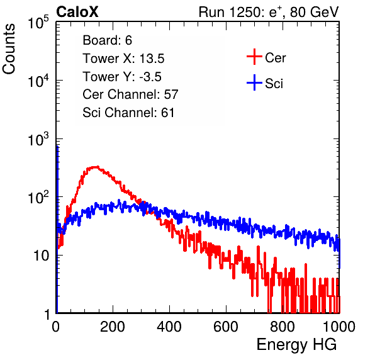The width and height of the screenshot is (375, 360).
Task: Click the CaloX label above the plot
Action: click(x=77, y=12)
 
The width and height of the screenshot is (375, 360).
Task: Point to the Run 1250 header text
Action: click(x=269, y=12)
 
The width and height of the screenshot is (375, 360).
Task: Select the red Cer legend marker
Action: click(x=254, y=57)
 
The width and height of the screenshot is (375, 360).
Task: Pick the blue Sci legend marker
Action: click(x=254, y=82)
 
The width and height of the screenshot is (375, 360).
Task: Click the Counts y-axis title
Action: click(x=9, y=49)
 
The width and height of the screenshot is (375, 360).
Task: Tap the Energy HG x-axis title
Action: click(x=296, y=345)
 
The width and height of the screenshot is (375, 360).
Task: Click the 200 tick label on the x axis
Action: click(x=113, y=327)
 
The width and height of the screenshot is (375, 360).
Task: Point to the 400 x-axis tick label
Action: click(x=169, y=327)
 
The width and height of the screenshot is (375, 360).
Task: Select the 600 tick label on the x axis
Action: click(x=226, y=327)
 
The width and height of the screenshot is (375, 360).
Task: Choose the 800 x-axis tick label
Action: click(x=283, y=327)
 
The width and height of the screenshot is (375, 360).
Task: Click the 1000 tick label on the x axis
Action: click(x=339, y=327)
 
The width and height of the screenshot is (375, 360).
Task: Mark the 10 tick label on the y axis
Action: click(x=41, y=256)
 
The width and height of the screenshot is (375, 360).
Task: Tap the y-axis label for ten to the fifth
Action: click(x=38, y=22)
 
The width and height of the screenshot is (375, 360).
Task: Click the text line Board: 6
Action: click(x=107, y=40)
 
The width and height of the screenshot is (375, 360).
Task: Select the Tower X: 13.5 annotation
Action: click(x=123, y=59)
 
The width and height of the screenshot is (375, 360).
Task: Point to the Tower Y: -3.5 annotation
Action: click(x=122, y=77)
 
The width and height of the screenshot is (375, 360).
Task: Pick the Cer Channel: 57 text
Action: click(x=130, y=94)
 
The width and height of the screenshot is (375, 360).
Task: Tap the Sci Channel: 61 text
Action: click(x=128, y=113)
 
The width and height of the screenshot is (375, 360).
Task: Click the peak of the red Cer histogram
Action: click(x=95, y=167)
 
